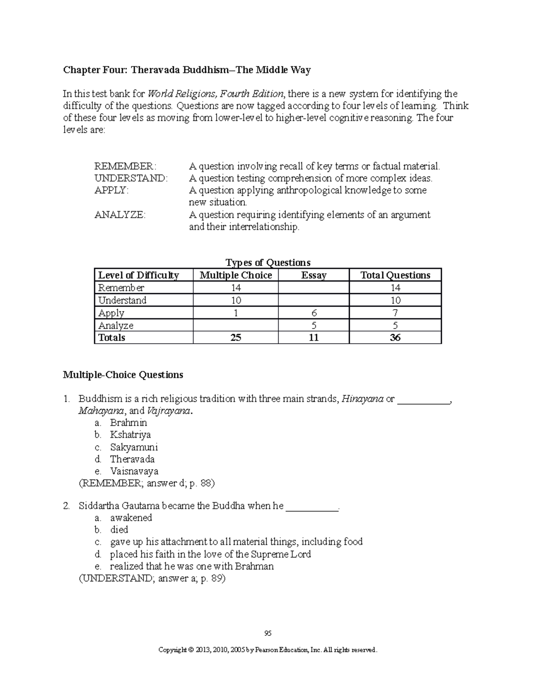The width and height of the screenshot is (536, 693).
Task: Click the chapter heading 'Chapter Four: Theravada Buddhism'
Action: [x=187, y=70]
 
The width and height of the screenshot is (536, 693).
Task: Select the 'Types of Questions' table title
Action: [x=268, y=262]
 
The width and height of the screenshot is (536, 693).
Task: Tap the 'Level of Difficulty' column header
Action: [x=138, y=275]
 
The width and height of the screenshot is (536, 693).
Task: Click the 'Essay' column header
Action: [x=314, y=275]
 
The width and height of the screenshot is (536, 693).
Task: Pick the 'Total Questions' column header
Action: [x=395, y=275]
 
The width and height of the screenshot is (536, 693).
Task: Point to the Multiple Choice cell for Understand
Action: [x=236, y=300]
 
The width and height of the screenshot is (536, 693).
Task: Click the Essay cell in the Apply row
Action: [x=314, y=313]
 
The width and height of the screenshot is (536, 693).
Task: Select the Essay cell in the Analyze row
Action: [x=314, y=325]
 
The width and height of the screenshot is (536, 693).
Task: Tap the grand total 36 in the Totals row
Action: [x=395, y=338]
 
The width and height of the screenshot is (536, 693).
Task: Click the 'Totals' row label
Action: [x=112, y=338]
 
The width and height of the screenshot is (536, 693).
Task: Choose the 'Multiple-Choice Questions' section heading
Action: [x=123, y=374]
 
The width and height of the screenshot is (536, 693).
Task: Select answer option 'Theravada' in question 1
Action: [x=132, y=459]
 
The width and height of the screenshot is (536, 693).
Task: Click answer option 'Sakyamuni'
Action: [x=134, y=447]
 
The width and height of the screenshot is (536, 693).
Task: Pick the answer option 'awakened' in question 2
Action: [x=131, y=518]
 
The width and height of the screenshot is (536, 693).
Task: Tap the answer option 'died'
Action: [x=119, y=530]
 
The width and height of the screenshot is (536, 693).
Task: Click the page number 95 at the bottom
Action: [x=268, y=633]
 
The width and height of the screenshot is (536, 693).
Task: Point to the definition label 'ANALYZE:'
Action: [x=120, y=215]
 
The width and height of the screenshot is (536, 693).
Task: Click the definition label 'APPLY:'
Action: [x=111, y=191]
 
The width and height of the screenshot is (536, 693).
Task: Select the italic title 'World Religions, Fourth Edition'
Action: [x=215, y=94]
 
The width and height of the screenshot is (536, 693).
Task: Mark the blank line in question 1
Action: [x=423, y=399]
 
